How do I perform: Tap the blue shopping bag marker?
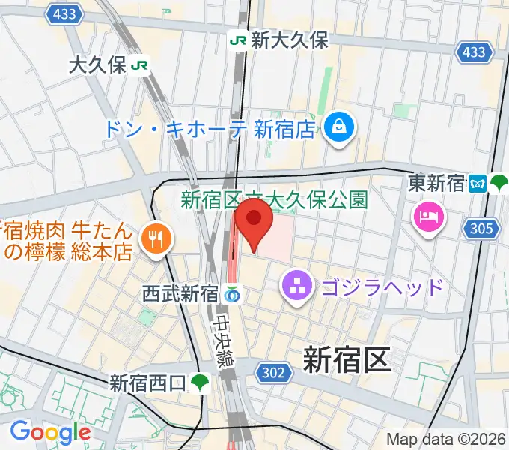coord(339,125)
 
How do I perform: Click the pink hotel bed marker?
coord(429,217)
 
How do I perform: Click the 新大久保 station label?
coord(289,40)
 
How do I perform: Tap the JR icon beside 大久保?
coord(138,65)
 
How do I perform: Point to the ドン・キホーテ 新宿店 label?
coord(209,129)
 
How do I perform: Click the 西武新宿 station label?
coord(180,294)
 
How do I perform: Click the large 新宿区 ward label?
coord(347,360)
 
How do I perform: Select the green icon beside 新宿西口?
coord(198,383)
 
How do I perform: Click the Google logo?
coord(49,431)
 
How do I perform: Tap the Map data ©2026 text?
coord(447,439)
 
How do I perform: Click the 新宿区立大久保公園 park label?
coord(274,199)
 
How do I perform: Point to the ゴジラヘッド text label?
coord(382,286)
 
